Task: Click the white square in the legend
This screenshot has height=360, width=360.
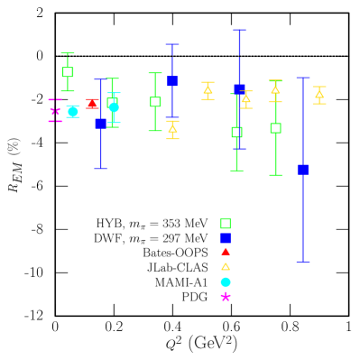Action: (x=226, y=223)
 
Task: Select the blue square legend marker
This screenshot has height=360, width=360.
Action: (x=226, y=238)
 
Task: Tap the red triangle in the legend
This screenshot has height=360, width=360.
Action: (x=226, y=252)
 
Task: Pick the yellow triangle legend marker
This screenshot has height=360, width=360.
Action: (x=226, y=267)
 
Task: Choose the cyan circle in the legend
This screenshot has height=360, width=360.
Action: (x=226, y=282)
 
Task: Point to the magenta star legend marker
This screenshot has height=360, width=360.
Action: (x=226, y=296)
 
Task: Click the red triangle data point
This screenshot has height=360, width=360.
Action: (x=92, y=105)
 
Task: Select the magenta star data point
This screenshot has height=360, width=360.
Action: (x=55, y=110)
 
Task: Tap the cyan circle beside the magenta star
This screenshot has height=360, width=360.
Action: (x=73, y=111)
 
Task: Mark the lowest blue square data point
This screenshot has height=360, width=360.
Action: (x=303, y=170)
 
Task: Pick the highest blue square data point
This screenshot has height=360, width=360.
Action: (x=172, y=81)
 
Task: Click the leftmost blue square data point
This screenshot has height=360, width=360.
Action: (x=101, y=124)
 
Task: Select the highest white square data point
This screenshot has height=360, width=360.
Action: (x=68, y=72)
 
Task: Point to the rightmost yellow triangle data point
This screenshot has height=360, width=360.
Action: (x=319, y=94)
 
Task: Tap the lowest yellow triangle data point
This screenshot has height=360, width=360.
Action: (x=172, y=129)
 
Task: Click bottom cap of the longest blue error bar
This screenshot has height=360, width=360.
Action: (x=303, y=262)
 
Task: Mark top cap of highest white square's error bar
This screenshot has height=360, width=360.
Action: (x=68, y=53)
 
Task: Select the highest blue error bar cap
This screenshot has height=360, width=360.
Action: (x=239, y=30)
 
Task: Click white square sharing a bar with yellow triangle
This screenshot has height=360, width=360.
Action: (x=275, y=128)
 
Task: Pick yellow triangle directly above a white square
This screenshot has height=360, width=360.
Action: (x=275, y=90)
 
